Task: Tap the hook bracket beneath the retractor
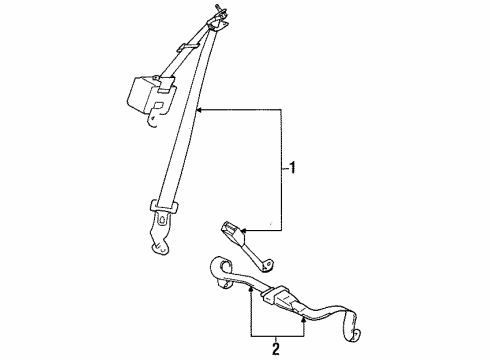(152, 122)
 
